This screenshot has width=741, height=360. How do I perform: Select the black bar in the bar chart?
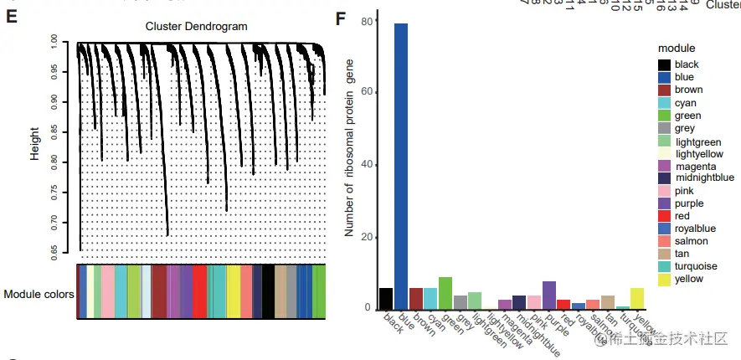386,298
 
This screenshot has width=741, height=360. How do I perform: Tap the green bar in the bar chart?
445,292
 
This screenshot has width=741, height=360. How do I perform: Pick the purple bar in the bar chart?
549,294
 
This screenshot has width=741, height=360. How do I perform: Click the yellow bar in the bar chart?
638,298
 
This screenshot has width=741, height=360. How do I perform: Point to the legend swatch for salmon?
664,241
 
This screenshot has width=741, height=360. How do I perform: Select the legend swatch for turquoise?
664,266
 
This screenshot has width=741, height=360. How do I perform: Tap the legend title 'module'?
676,48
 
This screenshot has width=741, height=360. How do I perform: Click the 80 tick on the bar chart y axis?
366,22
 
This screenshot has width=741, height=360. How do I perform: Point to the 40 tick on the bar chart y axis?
366,165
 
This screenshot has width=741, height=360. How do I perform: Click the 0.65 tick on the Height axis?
54,249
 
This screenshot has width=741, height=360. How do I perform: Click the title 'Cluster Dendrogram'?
197,27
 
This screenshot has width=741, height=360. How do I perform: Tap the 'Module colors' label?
39,295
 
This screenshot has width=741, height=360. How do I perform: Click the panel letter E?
12,18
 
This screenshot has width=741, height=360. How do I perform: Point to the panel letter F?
340,18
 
